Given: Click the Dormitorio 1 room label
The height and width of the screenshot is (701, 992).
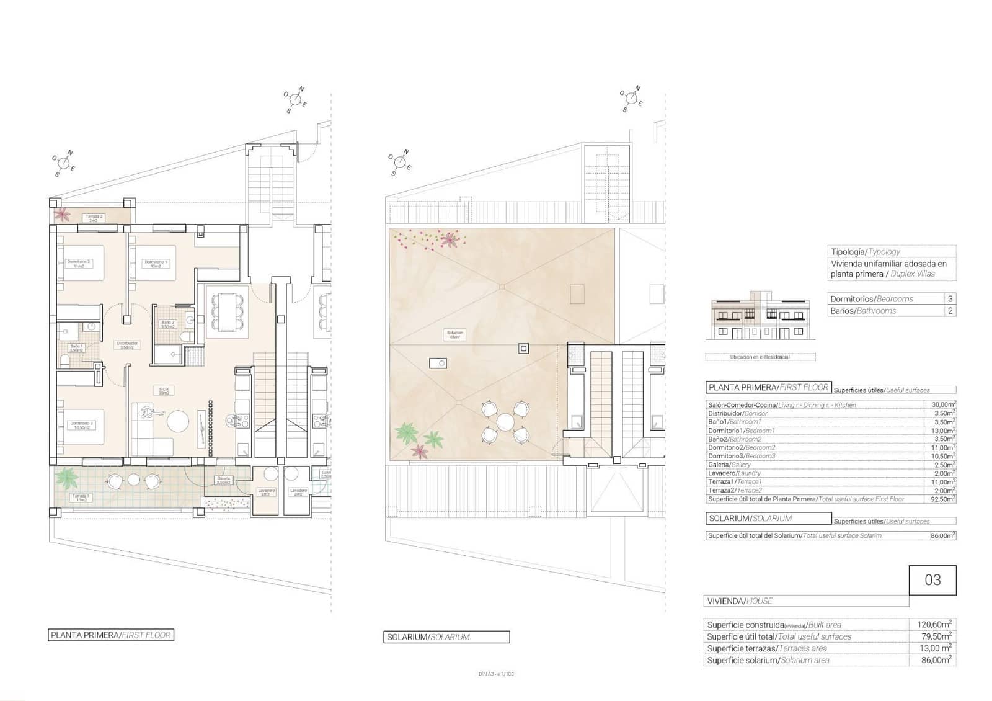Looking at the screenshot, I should pos(156,264).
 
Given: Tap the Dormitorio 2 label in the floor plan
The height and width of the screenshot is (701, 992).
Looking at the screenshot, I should pos(79,264).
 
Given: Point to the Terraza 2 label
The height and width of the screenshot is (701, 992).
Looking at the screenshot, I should pos(94,218).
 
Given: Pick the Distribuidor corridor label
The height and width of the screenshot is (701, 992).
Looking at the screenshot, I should pos(127,345).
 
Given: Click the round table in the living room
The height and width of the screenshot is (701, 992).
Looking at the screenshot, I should pos(179,422).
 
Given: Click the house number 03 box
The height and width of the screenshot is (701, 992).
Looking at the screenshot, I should pos(932,580).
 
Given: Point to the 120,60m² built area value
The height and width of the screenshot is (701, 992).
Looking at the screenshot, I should pos(934,625).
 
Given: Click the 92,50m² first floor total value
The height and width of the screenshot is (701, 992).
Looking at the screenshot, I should pos(943,499).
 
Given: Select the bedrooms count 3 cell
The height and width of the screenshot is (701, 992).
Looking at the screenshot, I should pos(950,299).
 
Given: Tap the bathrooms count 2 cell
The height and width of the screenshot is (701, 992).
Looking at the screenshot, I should pos(950,311).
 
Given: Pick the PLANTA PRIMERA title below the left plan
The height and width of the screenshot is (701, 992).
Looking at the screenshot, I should pos(111,635).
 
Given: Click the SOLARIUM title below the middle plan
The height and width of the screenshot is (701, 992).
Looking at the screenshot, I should pos(446,637).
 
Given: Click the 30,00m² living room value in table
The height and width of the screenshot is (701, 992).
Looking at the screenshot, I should pos(943,404).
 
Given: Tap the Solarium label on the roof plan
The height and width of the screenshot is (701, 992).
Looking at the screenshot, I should pos(455,334).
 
